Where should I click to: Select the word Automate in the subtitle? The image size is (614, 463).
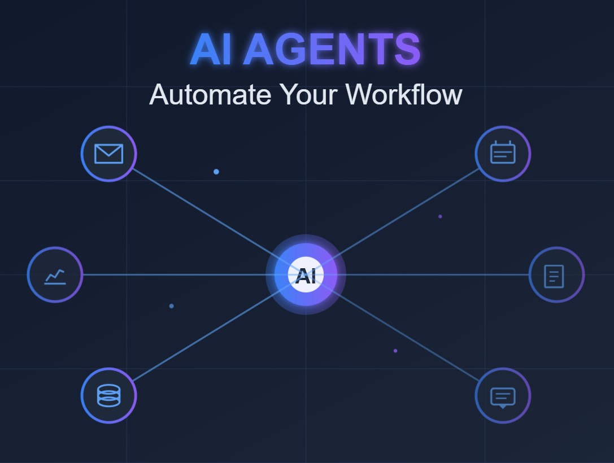pos(210,94)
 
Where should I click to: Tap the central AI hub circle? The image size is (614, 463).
pos(306,275)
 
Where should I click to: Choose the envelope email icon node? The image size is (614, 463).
pos(108,154)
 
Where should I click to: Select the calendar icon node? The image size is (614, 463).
pos(503,154)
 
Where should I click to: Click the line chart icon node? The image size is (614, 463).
pos(55,275)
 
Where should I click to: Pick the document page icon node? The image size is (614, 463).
pos(556,275)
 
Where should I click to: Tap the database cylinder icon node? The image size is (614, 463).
pos(108,396)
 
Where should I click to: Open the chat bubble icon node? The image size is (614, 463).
pos(503,396)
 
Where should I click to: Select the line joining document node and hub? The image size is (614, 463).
pos(435,275)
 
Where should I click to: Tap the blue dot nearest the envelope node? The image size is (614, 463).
pos(216,172)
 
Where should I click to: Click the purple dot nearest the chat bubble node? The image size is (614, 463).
pos(395,351)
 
